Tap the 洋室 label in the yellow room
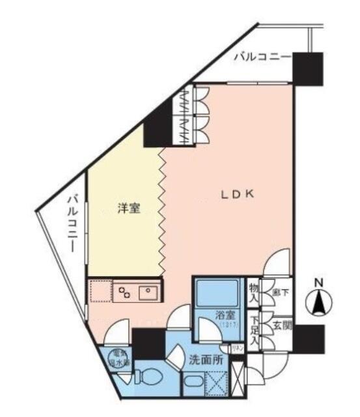(x=128, y=208)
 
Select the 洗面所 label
(x=206, y=358)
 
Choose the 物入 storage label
(x=254, y=293)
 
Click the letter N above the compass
(x=319, y=283)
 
